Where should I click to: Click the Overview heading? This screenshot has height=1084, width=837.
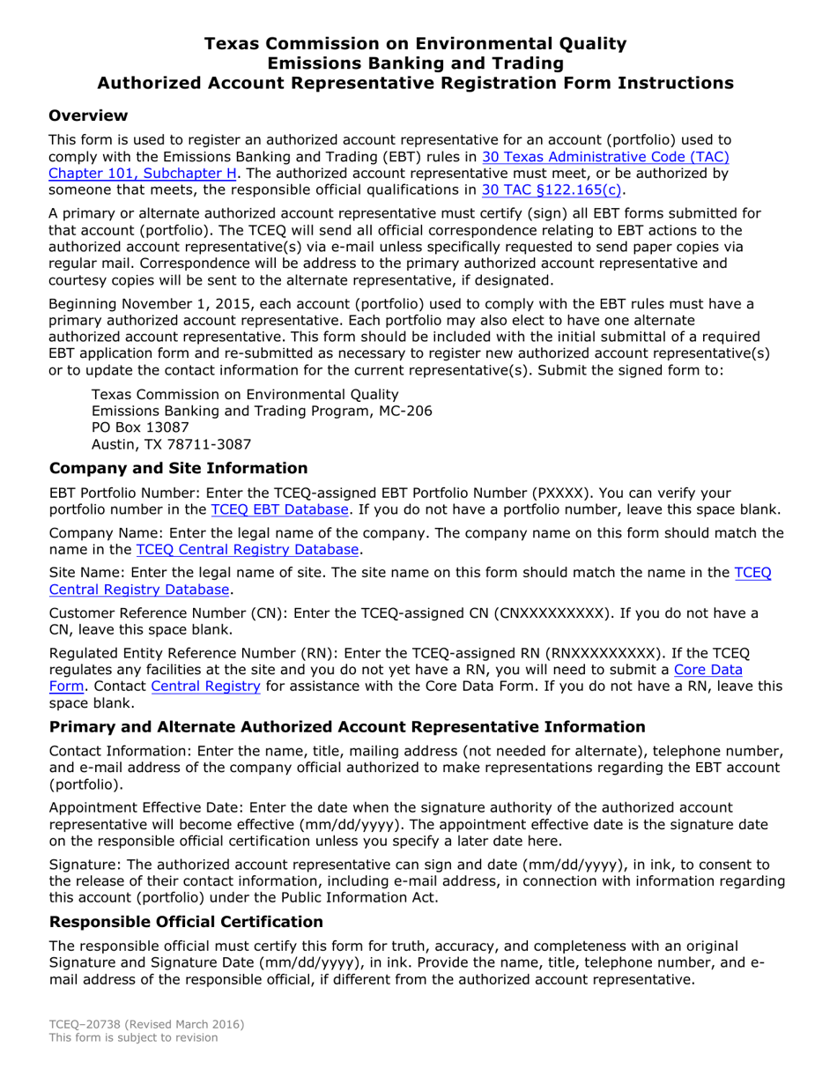pyautogui.click(x=88, y=115)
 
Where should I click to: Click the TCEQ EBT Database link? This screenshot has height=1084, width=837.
pyautogui.click(x=280, y=509)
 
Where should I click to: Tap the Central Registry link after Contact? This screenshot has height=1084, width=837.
pyautogui.click(x=205, y=686)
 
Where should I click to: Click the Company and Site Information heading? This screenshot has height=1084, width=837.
pyautogui.click(x=179, y=468)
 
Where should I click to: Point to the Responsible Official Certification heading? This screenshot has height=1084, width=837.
pyautogui.click(x=187, y=921)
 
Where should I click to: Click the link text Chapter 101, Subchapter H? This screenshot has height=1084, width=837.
pyautogui.click(x=143, y=174)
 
